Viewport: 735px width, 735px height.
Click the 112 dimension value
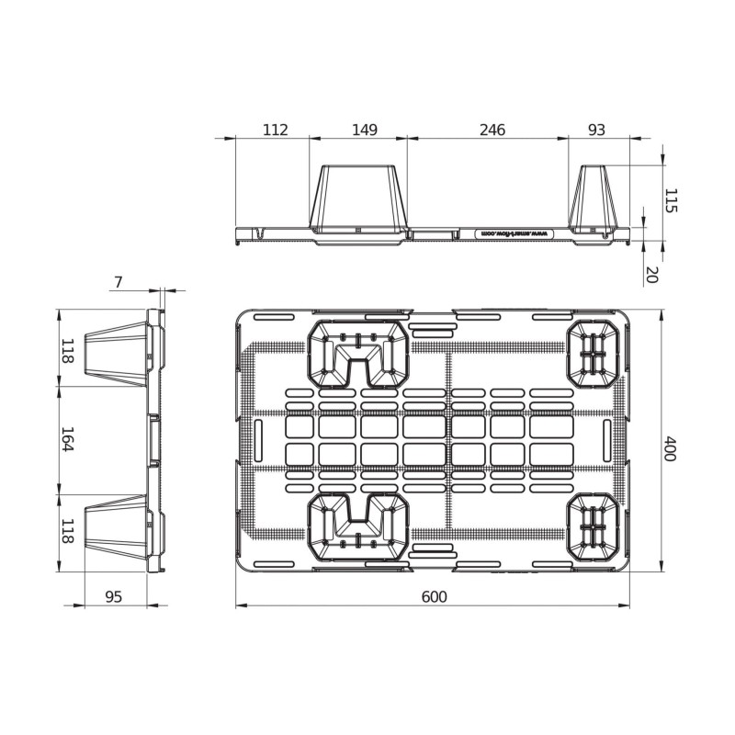[x=275, y=130]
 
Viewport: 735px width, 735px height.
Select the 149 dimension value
[x=365, y=130]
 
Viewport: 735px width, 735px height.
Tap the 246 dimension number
[x=492, y=130]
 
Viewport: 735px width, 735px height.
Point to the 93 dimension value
[x=596, y=130]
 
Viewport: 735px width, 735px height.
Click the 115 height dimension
[x=670, y=201]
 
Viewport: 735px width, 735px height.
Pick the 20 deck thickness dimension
[x=651, y=274]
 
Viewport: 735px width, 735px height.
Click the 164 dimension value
[x=67, y=439]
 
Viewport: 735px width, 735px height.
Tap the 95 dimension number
[x=113, y=597]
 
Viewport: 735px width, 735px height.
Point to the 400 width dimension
[x=670, y=449]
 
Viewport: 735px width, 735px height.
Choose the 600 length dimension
[x=434, y=597]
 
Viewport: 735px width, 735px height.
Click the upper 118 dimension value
[x=67, y=350]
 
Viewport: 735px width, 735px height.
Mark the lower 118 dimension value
[x=67, y=531]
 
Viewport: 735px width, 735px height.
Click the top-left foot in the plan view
[x=359, y=354]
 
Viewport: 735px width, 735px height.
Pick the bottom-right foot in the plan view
[x=594, y=527]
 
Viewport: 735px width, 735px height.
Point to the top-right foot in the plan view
[x=594, y=354]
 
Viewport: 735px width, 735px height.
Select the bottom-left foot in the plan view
[x=359, y=527]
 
